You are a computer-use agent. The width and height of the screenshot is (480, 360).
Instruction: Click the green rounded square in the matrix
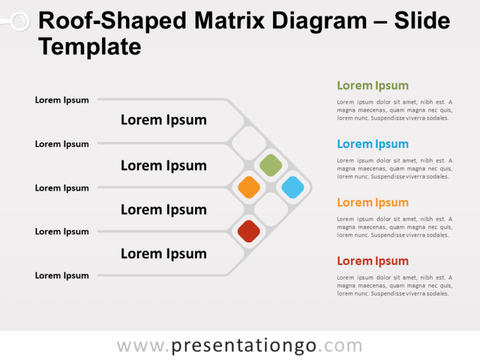pos(271,165)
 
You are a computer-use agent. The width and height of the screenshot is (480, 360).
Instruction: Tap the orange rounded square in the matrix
pos(249,187)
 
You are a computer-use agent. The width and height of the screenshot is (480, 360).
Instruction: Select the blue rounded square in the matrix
pos(293,187)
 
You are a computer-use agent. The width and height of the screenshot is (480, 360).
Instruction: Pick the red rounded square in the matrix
pos(249,231)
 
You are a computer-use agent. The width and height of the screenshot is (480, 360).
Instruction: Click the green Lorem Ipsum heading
pos(373,85)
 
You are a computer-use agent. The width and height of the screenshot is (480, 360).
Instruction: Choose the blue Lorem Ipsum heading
pos(373,144)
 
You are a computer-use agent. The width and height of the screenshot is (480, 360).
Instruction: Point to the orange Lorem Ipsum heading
pos(373,202)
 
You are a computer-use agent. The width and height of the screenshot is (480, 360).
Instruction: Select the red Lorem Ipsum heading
pos(373,261)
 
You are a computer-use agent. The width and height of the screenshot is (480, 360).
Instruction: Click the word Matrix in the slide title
pos(230,22)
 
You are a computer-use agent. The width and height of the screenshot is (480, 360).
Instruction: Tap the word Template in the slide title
pos(90,46)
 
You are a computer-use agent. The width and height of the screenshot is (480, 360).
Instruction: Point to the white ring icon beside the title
pos(19,22)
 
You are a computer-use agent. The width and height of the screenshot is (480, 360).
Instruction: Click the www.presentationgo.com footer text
pos(239,346)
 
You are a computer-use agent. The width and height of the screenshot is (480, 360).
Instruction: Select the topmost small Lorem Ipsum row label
pos(62,100)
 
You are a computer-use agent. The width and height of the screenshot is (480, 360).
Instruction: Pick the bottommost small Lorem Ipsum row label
pos(62,275)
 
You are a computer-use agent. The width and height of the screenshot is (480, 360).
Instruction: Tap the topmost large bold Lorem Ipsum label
pos(164,120)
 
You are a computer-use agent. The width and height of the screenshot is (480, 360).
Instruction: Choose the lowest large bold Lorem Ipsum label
pos(164,254)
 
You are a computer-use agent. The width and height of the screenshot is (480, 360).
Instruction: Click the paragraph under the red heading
pos(394,286)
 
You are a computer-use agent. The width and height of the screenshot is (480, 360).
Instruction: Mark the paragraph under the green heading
pos(394,110)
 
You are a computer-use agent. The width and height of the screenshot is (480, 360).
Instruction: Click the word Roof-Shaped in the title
pos(112,22)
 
